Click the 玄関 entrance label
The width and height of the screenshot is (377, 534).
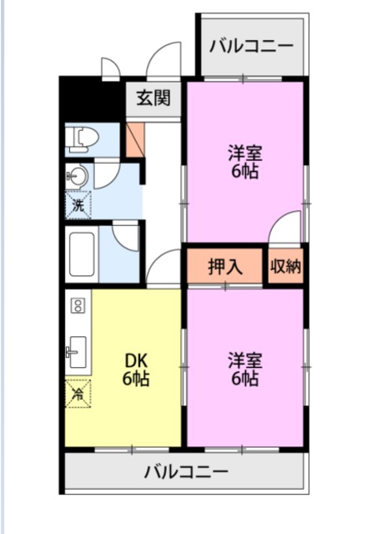154,98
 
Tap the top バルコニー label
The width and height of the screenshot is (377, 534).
251,45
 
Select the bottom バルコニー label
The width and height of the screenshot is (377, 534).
185,472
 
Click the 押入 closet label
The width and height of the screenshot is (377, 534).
225,267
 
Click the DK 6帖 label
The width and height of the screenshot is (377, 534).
137,370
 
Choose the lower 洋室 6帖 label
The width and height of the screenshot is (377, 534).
244,370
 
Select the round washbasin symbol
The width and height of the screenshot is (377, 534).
78,176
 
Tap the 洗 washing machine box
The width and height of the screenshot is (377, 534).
78,204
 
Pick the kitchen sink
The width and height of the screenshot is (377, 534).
77,350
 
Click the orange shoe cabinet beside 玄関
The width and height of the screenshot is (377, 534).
133,140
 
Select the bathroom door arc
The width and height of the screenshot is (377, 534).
126,236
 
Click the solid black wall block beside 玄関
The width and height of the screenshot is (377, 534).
92,98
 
